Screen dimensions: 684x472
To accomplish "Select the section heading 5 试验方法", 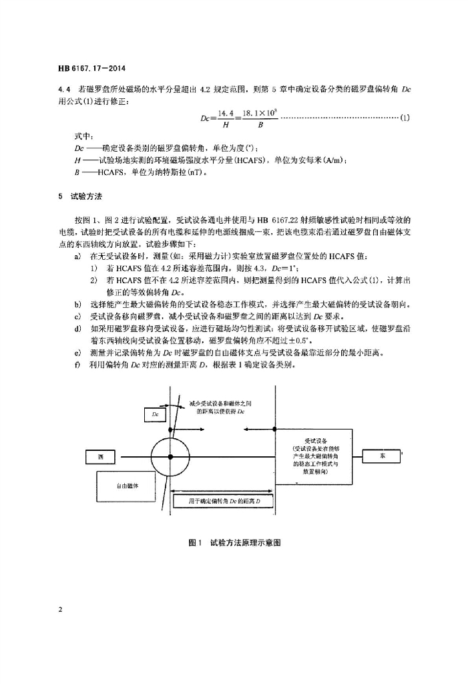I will [x=83, y=197].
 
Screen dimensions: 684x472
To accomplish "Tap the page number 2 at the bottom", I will [x=61, y=610].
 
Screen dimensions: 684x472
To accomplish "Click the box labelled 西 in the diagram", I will [x=101, y=457].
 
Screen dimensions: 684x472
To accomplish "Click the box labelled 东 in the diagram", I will [x=383, y=456].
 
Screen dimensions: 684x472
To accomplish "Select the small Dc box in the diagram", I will [x=155, y=415].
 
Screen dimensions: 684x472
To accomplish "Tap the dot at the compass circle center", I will [x=172, y=457].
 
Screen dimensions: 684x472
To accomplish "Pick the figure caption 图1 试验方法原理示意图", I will [x=235, y=542].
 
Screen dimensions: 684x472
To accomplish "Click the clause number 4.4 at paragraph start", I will [x=64, y=88].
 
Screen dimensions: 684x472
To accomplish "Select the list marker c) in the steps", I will [x=79, y=316].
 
